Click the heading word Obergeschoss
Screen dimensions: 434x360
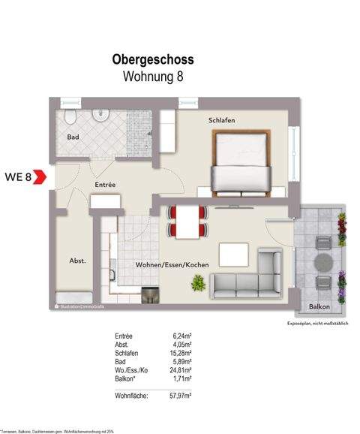153,58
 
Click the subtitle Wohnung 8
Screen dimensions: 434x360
153,75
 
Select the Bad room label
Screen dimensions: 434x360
73,138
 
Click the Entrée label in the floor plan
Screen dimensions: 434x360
104,184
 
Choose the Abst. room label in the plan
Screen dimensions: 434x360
78,261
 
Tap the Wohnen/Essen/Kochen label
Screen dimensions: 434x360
172,266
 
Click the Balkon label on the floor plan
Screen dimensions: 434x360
320,307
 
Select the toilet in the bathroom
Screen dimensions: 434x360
69,118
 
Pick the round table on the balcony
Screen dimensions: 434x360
323,264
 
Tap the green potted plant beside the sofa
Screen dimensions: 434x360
199,283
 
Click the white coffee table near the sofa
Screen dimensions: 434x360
233,254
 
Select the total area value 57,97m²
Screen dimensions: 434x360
181,394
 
